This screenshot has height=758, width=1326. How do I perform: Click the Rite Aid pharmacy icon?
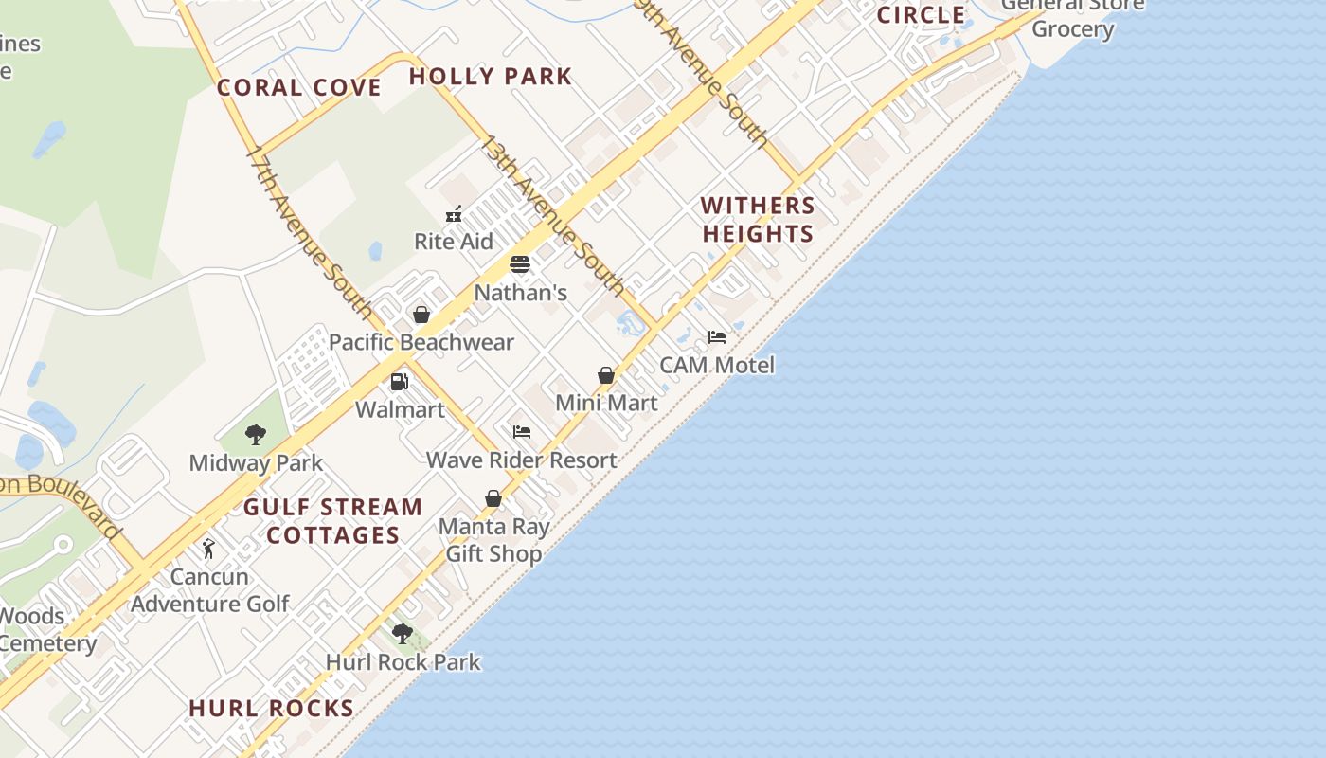click(x=454, y=214)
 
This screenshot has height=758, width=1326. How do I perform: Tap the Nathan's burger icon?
click(x=520, y=264)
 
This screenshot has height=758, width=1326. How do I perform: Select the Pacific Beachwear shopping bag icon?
click(x=421, y=315)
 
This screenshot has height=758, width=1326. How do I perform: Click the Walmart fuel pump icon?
click(x=400, y=382)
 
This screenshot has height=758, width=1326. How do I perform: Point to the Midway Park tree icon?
click(x=255, y=435)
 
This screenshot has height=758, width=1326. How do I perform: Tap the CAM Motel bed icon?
click(x=717, y=337)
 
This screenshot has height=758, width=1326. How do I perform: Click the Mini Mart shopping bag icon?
click(x=606, y=376)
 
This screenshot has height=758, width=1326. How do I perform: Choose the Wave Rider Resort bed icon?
click(x=522, y=432)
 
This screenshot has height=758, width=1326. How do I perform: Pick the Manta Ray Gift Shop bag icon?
click(x=493, y=498)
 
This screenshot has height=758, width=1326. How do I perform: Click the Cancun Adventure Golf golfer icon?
click(x=209, y=549)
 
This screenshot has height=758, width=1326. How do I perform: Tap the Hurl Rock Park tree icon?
click(x=403, y=633)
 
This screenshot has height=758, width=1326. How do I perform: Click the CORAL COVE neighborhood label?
click(x=299, y=88)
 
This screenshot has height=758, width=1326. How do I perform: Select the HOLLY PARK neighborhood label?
click(x=491, y=77)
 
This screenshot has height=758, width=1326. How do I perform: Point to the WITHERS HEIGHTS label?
click(x=758, y=220)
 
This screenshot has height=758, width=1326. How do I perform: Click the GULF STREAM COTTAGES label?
click(x=333, y=521)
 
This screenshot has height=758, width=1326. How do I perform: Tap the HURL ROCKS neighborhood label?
click(x=272, y=709)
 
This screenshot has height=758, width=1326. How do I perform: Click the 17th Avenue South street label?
click(x=310, y=231)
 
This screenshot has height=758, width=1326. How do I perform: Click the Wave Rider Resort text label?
click(x=522, y=460)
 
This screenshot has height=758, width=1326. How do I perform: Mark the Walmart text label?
click(x=400, y=409)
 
